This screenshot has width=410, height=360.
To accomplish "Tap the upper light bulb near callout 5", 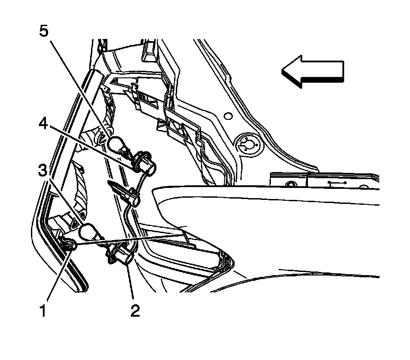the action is [x=116, y=144].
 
